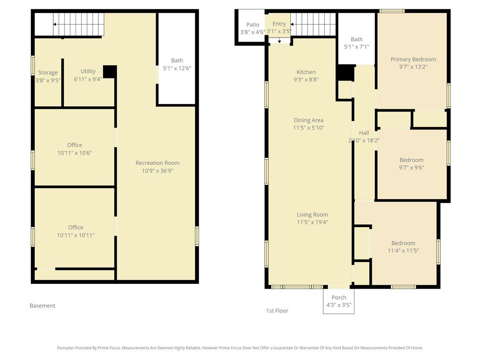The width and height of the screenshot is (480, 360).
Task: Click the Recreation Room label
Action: pyautogui.click(x=157, y=163)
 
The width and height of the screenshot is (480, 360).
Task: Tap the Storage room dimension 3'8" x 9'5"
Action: pyautogui.click(x=48, y=80)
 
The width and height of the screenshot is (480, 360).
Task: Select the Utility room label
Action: pyautogui.click(x=88, y=71)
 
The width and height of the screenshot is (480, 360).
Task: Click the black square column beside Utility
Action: pyautogui.click(x=110, y=72)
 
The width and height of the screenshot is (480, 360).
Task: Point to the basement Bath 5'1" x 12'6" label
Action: pyautogui.click(x=177, y=64)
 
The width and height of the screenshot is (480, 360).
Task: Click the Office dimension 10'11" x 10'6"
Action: pyautogui.click(x=74, y=153)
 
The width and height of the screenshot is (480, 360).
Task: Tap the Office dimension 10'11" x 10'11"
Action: pyautogui.click(x=76, y=235)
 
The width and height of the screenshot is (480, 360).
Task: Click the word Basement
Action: pyautogui.click(x=42, y=306)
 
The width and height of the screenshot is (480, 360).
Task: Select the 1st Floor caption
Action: pyautogui.click(x=277, y=311)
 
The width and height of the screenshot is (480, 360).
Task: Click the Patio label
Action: pyautogui.click(x=252, y=25)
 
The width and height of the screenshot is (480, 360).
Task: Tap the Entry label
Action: pyautogui.click(x=279, y=24)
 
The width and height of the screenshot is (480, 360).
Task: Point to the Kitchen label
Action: pyautogui.click(x=306, y=72)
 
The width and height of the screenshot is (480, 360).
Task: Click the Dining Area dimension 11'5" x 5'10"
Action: pyautogui.click(x=308, y=128)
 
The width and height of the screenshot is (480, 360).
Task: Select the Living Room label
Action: pyautogui.click(x=312, y=215)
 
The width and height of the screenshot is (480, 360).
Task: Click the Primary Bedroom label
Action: pyautogui.click(x=413, y=60)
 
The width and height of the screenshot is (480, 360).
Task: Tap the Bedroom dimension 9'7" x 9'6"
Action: pyautogui.click(x=411, y=168)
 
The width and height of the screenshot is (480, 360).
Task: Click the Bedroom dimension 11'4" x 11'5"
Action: pyautogui.click(x=403, y=250)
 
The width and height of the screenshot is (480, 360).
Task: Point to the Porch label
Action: pyautogui.click(x=339, y=298)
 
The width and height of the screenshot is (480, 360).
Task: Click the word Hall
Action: pyautogui.click(x=364, y=133)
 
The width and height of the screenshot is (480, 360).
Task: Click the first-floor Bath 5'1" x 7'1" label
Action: pyautogui.click(x=357, y=43)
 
